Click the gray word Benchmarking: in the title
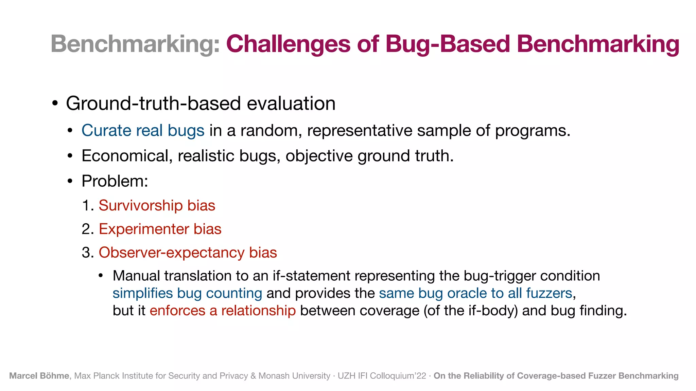(135, 44)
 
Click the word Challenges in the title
(288, 44)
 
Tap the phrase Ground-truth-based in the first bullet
(153, 104)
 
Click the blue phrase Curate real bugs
(143, 131)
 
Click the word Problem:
(115, 181)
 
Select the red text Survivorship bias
(157, 206)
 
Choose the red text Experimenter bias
(160, 229)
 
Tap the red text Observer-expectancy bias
(188, 253)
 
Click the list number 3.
(87, 253)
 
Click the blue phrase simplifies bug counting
(187, 294)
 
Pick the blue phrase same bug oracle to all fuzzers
(475, 294)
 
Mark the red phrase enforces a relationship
(223, 311)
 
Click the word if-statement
(311, 276)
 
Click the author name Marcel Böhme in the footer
(39, 376)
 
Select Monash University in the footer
(294, 376)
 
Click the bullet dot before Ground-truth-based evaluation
(55, 104)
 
